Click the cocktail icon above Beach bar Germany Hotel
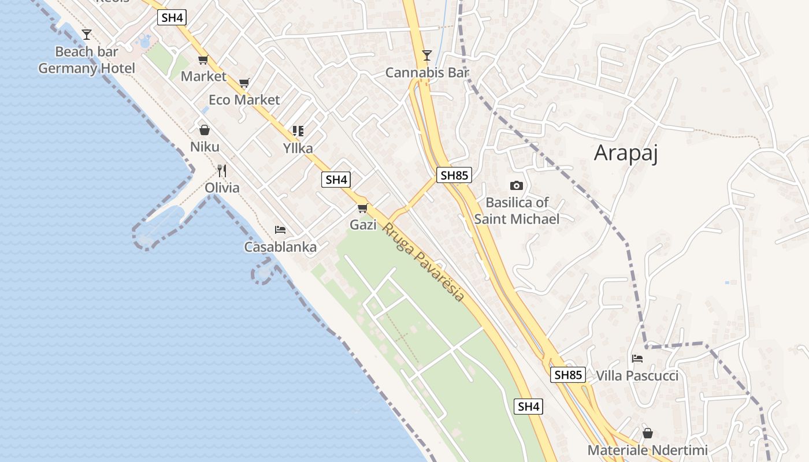click(x=87, y=35)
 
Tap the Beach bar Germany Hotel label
click(x=87, y=60)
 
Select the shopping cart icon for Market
click(x=203, y=59)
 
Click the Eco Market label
click(x=244, y=100)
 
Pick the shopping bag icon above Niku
click(x=204, y=130)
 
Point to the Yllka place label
click(x=298, y=148)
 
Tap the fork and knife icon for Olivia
click(x=221, y=170)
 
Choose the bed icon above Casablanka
click(x=280, y=230)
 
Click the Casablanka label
click(x=280, y=247)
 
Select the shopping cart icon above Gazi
click(x=363, y=208)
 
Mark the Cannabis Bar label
click(x=427, y=73)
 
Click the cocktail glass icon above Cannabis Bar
click(x=427, y=55)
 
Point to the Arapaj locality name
click(x=626, y=153)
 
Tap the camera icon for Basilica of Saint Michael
click(x=517, y=185)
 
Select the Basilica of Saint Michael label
click(x=517, y=211)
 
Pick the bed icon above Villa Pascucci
click(x=637, y=359)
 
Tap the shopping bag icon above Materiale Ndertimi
click(x=648, y=433)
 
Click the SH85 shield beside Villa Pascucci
click(x=567, y=375)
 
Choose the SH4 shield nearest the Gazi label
click(x=336, y=180)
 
